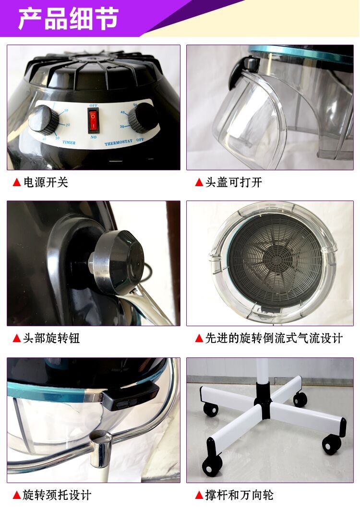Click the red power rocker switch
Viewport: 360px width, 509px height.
[93, 120]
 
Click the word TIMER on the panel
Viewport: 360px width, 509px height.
[69, 142]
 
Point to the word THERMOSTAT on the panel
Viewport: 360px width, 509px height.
[118, 142]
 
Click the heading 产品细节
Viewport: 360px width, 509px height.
[68, 19]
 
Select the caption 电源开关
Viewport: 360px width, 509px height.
[46, 182]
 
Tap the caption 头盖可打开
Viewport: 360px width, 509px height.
[234, 182]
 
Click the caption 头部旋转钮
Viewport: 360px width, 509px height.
[51, 338]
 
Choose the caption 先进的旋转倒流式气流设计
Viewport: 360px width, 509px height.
[274, 338]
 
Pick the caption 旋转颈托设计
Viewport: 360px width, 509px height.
[57, 495]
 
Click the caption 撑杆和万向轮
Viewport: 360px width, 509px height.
[240, 495]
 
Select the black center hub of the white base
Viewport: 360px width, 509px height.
[263, 400]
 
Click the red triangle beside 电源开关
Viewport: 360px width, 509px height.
[17, 182]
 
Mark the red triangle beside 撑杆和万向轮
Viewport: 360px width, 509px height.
[199, 496]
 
